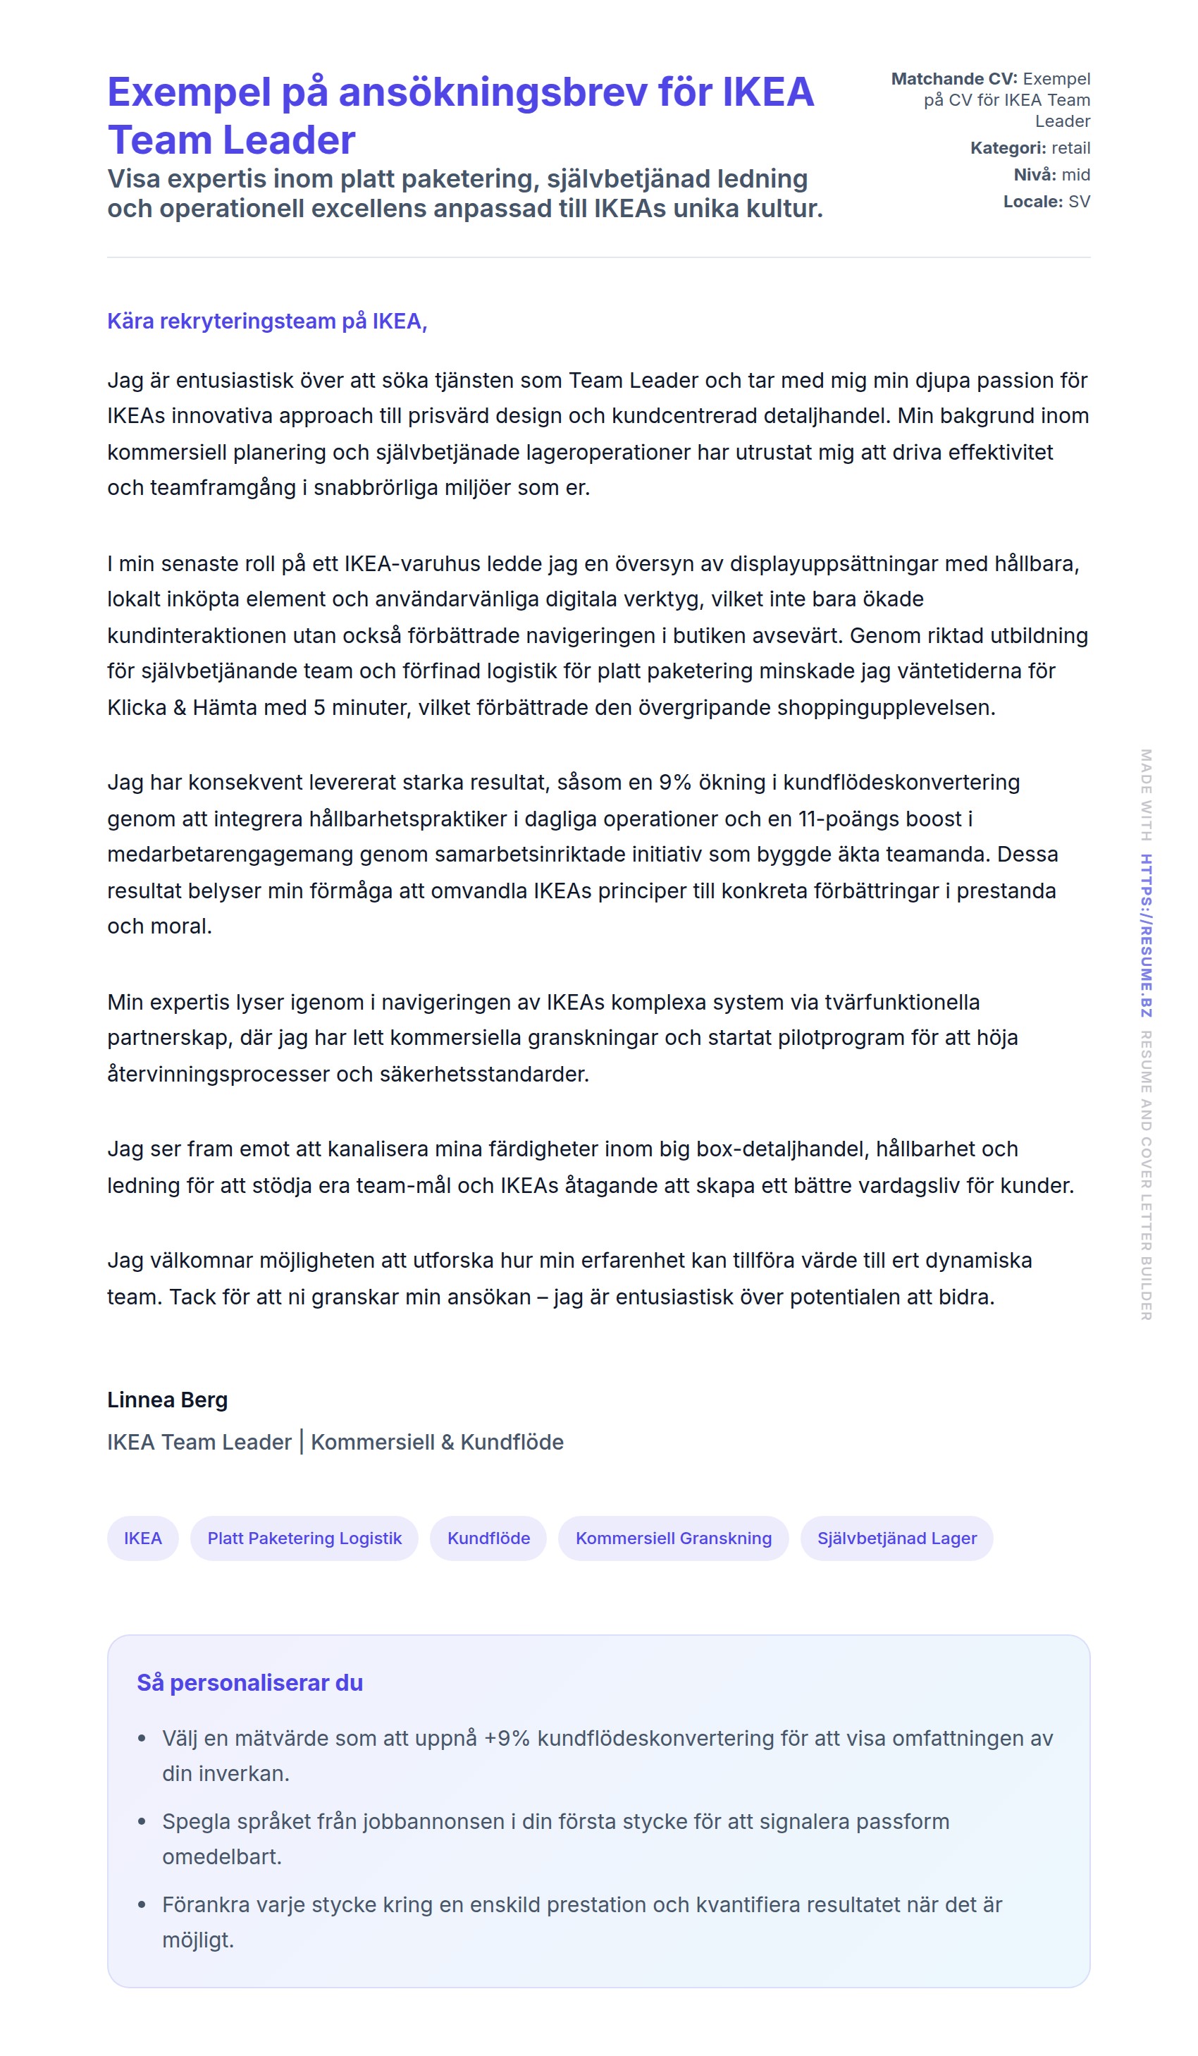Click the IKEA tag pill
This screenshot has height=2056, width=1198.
pos(143,1538)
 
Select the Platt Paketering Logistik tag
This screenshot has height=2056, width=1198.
pos(304,1538)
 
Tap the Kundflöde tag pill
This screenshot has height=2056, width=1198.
pos(488,1538)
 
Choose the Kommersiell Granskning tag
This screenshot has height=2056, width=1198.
pos(673,1538)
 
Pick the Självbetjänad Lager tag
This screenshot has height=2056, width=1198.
pos(896,1538)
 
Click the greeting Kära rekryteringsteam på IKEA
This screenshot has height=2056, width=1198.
pos(266,322)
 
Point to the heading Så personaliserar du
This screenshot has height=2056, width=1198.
pos(249,1682)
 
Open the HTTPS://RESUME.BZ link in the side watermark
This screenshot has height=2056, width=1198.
pos(1146,935)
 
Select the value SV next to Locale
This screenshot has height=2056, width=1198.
pos(1079,202)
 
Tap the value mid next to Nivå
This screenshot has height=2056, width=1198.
pos(1075,175)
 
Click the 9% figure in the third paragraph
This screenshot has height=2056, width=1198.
pos(675,783)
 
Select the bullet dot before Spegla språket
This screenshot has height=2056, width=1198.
pos(142,1822)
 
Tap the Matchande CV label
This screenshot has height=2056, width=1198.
pos(953,79)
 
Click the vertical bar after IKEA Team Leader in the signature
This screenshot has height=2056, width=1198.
pos(301,1443)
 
